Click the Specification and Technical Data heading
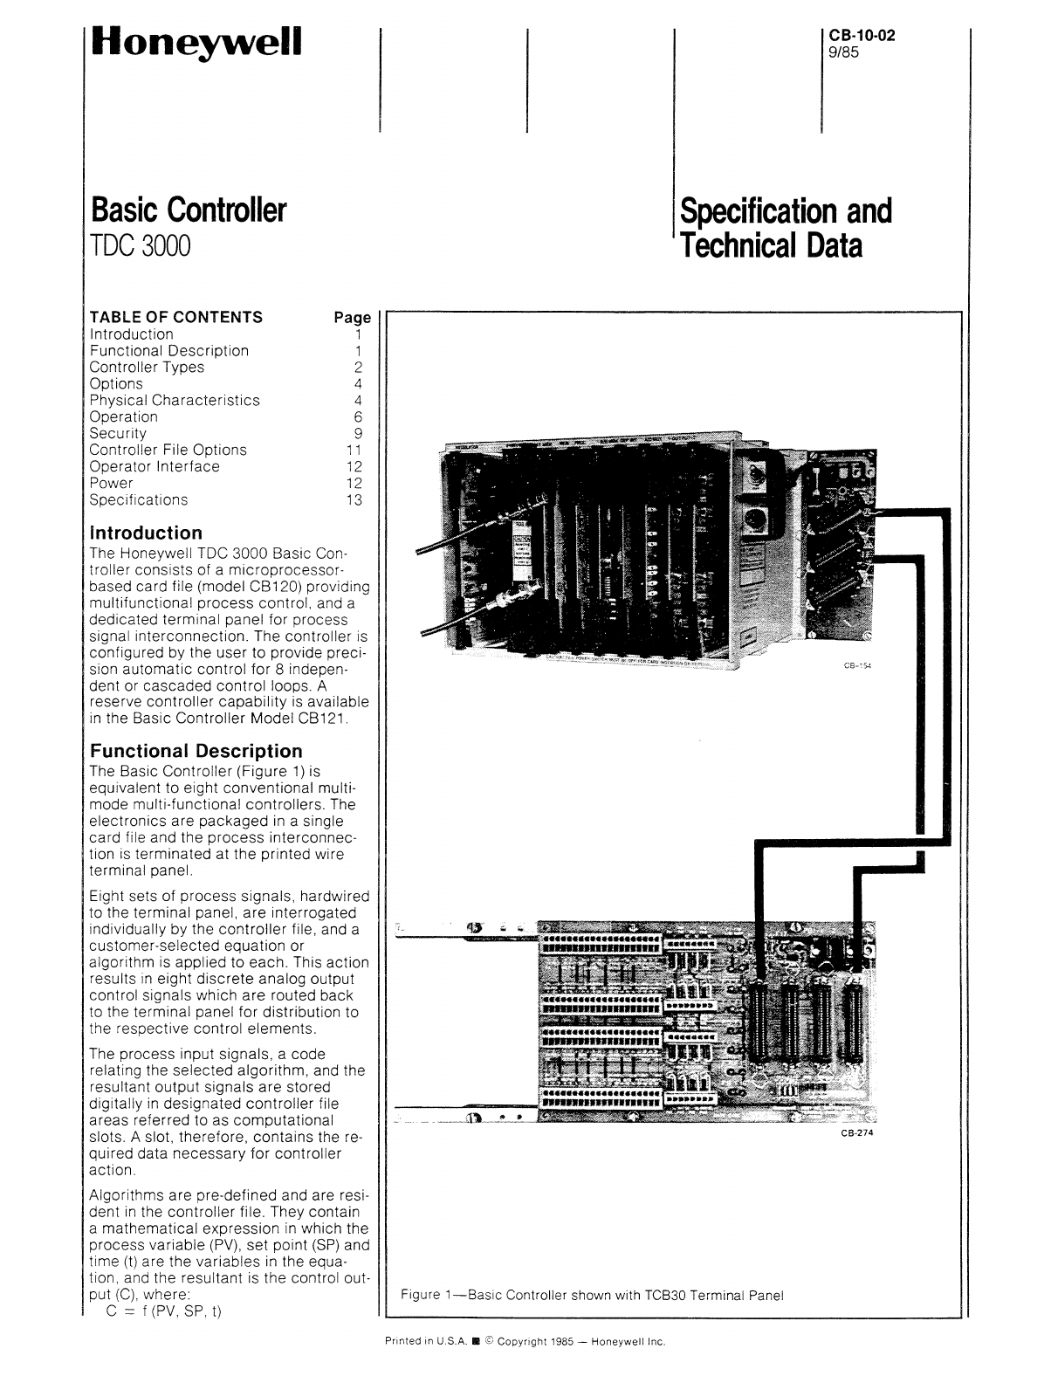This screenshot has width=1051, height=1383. [x=786, y=229]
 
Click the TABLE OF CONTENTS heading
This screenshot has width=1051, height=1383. [x=175, y=317]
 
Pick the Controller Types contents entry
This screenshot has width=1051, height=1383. [x=147, y=368]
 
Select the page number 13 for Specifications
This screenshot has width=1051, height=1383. [x=353, y=500]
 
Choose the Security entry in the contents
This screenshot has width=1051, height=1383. [x=119, y=434]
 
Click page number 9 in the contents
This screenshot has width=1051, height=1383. [x=358, y=434]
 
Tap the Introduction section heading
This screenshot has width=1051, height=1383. [x=146, y=533]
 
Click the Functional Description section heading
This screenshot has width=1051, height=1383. [x=196, y=751]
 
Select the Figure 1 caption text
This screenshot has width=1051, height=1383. [x=592, y=1295]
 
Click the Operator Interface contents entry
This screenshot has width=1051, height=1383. [x=155, y=467]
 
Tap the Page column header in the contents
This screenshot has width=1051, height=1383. [x=353, y=318]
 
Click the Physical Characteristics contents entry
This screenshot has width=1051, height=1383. [x=175, y=401]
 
